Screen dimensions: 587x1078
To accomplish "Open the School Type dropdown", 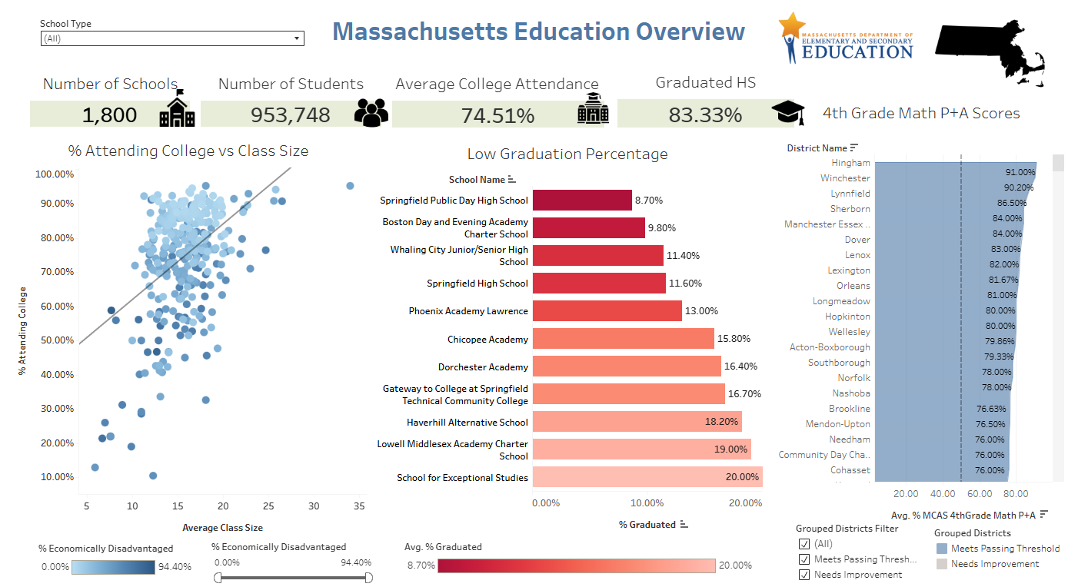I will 171,38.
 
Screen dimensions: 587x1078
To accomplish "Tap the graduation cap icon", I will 788,113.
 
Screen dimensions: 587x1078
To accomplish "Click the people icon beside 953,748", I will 371,112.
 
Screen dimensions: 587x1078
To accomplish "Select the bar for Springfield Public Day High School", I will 582,201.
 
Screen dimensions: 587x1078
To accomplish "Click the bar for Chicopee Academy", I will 623,339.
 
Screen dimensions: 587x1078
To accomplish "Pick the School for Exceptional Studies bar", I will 647,477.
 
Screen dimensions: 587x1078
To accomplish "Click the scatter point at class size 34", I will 350,186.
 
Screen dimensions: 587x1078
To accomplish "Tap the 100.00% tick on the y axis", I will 55,174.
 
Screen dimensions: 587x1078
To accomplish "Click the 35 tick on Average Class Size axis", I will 359,506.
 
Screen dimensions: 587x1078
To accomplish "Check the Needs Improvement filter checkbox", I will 804,575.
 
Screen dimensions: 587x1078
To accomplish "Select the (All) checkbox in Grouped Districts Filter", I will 804,544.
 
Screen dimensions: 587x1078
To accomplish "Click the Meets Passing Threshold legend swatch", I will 942,549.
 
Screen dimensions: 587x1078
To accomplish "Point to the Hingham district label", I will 850,163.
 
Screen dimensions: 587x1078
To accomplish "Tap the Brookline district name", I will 850,409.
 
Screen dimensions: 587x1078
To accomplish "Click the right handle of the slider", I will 368,577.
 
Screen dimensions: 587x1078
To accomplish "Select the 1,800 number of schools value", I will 109,115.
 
